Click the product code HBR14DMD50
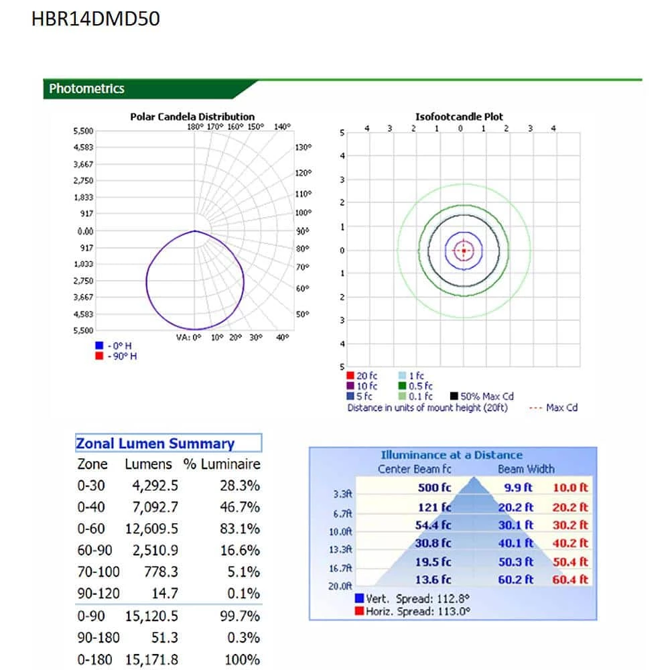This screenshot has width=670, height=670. (x=96, y=19)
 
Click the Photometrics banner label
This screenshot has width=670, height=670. (x=87, y=88)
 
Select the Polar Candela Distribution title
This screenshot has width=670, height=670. (x=192, y=117)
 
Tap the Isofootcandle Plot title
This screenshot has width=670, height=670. (x=459, y=117)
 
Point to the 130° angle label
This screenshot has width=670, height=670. (x=304, y=147)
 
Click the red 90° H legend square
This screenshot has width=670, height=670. (x=99, y=356)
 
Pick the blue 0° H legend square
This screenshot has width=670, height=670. (x=99, y=346)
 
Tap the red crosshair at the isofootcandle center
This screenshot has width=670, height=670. (x=463, y=251)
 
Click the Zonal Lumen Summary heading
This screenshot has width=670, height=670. (x=155, y=444)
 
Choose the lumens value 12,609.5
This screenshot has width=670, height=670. (x=151, y=529)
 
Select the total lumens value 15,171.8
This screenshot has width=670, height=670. (x=151, y=660)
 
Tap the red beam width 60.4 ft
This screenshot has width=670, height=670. (x=570, y=580)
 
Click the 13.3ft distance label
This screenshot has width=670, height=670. (x=343, y=550)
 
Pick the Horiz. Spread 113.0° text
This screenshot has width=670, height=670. (x=418, y=611)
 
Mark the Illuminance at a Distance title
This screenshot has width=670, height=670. (x=452, y=455)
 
